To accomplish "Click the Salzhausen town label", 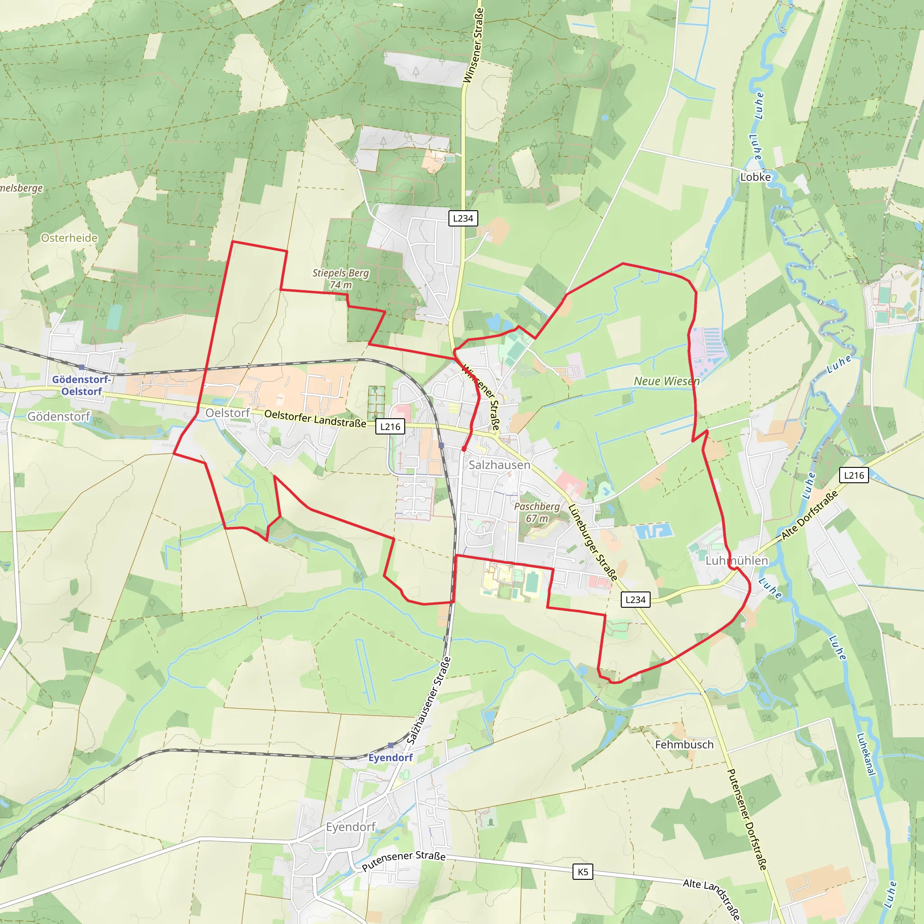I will click(x=499, y=465).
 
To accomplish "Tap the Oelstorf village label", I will click(x=227, y=413).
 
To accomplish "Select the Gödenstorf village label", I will click(x=58, y=416).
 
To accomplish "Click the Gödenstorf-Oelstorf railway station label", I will click(x=82, y=385).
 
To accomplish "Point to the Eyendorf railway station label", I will click(x=390, y=758).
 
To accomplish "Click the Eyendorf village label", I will click(x=351, y=827).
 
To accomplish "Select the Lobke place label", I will click(x=756, y=177).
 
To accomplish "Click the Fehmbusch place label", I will click(x=684, y=744).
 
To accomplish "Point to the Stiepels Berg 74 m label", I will click(x=341, y=279).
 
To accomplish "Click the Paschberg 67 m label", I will click(x=536, y=512).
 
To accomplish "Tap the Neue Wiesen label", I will click(x=667, y=381).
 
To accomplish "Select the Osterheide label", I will click(x=69, y=238).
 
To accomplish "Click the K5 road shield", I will click(x=582, y=872).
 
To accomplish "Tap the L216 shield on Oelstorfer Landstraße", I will click(x=390, y=427).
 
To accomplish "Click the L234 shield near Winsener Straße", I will click(x=463, y=218).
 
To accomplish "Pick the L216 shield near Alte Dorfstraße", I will click(x=854, y=476).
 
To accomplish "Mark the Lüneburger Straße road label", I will click(x=592, y=542).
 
